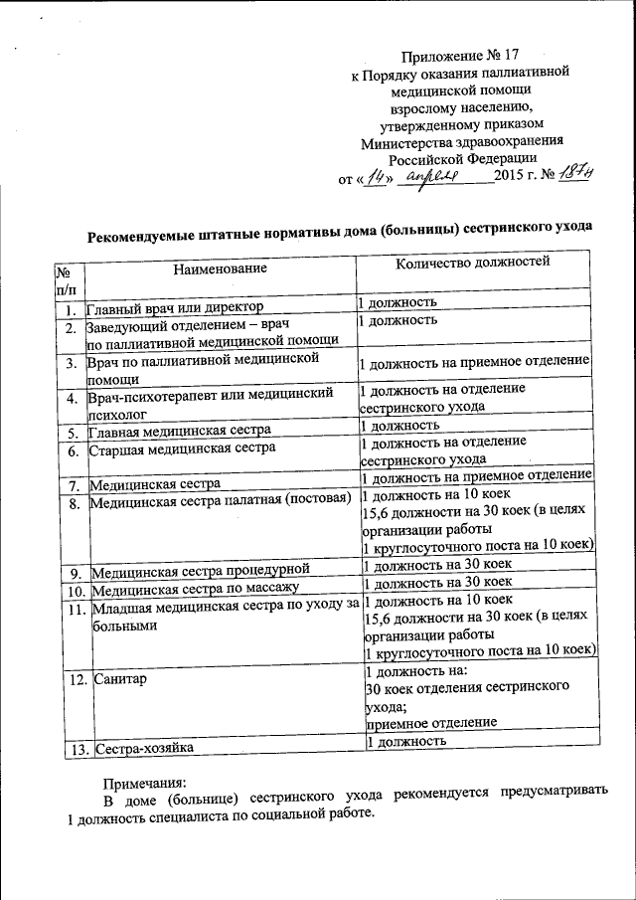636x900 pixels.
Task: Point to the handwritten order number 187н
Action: tap(574, 174)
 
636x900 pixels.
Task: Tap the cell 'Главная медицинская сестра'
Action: tap(180, 432)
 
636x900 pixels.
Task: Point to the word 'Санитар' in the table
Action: tap(119, 678)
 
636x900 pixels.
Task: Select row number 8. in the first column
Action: tap(73, 503)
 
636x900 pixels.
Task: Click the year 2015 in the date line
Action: tap(511, 177)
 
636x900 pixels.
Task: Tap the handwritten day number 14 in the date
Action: tap(374, 176)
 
